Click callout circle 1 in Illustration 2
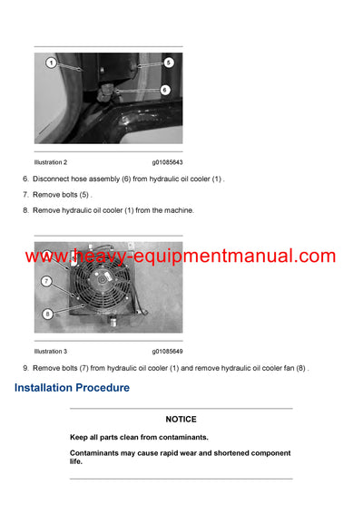tap(52, 63)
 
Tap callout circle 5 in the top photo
tap(169, 63)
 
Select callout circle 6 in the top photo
tap(164, 90)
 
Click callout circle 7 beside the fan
tap(45, 282)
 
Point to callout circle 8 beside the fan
tap(46, 314)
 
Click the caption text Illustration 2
tap(56, 162)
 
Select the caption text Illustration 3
tap(56, 351)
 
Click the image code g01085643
tap(167, 162)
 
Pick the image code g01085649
tap(167, 351)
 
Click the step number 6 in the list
tap(25, 179)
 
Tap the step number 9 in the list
tap(25, 368)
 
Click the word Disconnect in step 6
tap(53, 179)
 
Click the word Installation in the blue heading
tap(48, 388)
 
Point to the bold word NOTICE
tap(181, 420)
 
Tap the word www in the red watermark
tap(43, 256)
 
